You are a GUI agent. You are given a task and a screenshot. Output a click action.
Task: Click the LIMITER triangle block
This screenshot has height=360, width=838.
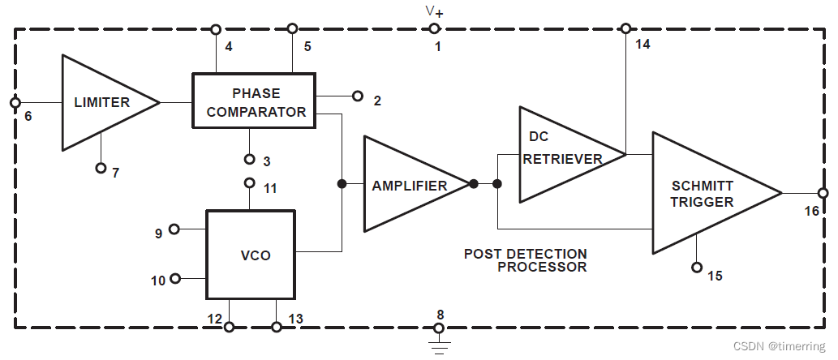[101, 102]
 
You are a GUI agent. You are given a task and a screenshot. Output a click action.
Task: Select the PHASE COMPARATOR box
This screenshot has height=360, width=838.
[253, 101]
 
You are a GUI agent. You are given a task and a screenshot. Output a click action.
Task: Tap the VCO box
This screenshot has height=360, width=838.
[251, 255]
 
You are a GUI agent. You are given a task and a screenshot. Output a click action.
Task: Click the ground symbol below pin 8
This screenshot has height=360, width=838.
[439, 347]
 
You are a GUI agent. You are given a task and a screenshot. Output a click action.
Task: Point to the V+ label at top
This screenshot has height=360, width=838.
[434, 11]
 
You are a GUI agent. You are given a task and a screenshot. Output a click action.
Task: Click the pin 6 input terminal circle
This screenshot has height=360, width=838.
[14, 103]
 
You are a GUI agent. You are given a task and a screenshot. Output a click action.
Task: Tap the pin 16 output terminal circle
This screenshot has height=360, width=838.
[823, 193]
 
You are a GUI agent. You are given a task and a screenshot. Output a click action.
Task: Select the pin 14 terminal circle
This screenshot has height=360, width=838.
[625, 28]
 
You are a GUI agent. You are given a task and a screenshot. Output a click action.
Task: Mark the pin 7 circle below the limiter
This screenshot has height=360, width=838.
[101, 168]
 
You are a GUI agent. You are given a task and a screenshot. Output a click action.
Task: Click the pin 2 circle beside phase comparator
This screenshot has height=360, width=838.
[358, 96]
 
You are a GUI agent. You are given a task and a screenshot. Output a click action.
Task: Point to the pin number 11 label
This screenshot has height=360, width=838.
[271, 188]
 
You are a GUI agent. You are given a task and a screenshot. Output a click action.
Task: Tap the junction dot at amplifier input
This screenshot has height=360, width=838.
[342, 185]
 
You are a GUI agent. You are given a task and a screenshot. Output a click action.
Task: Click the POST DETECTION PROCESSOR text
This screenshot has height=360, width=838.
[526, 260]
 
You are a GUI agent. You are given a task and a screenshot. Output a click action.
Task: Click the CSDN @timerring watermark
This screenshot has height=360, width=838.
[779, 346]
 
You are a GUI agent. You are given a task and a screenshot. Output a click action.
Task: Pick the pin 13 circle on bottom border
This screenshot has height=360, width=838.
[277, 327]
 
